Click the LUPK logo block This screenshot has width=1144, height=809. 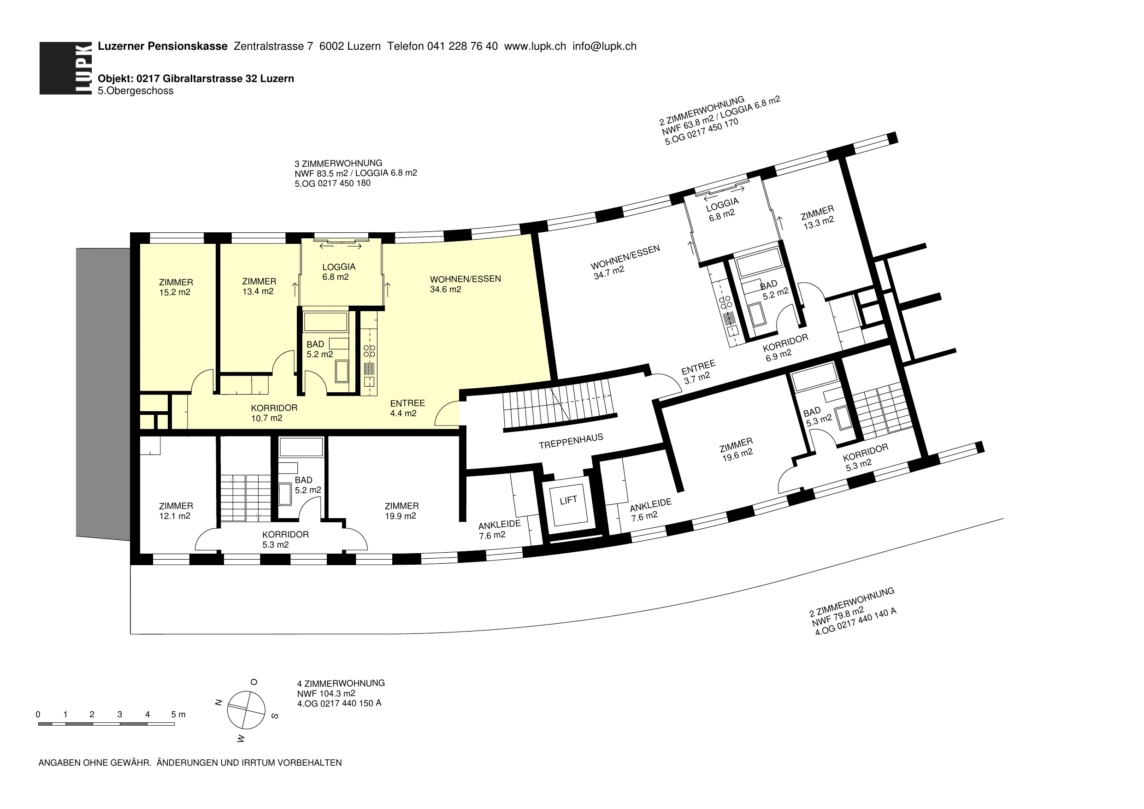pos(66,68)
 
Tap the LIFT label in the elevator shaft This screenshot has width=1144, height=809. pos(568,500)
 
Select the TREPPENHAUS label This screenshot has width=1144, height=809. pos(571,441)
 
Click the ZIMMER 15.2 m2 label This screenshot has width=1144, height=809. pos(176,288)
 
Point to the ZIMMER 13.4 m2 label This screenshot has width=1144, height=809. pos(259,287)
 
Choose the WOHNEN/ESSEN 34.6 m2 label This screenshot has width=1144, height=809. pos(466,284)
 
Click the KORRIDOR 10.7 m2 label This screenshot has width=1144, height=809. pos(274,413)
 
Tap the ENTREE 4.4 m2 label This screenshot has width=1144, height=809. pos(407,408)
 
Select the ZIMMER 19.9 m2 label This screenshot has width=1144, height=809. pos(401,511)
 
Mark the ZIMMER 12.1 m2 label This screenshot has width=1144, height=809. pos(176,511)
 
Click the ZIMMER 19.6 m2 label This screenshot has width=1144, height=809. pos(737,449)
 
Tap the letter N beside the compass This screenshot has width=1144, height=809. pos(218,703)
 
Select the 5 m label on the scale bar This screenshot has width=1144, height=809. pos(178,715)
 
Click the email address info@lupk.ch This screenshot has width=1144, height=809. pos(604,47)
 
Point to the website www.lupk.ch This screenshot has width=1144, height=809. pos(535,47)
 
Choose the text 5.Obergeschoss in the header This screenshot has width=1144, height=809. pos(136,91)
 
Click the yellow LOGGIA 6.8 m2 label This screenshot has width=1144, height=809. pos(338,272)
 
